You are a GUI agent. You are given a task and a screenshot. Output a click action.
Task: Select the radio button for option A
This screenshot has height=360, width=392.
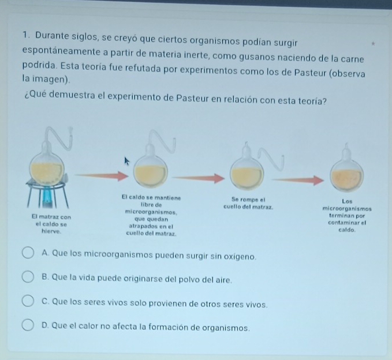[28, 253]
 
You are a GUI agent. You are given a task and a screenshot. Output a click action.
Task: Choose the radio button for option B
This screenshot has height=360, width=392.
[28, 277]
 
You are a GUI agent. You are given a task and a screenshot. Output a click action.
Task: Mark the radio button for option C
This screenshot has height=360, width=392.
[28, 301]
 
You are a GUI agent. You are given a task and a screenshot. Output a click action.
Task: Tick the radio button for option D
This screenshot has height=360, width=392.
[28, 325]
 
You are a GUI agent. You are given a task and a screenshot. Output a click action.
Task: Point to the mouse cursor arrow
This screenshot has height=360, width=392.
[127, 161]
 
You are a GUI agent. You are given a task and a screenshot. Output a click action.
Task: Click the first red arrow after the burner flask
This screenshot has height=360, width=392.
[102, 175]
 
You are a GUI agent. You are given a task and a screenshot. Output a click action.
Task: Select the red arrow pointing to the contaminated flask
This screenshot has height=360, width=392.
[297, 180]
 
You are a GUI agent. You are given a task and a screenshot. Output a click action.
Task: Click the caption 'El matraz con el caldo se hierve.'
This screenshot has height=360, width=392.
[51, 224]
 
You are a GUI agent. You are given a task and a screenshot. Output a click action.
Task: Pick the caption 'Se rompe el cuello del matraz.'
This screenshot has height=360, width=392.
[248, 203]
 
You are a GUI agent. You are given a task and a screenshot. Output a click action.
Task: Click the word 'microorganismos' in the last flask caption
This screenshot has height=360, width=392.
[347, 209]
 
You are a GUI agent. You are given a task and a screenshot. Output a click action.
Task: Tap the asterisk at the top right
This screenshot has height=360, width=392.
[373, 44]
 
